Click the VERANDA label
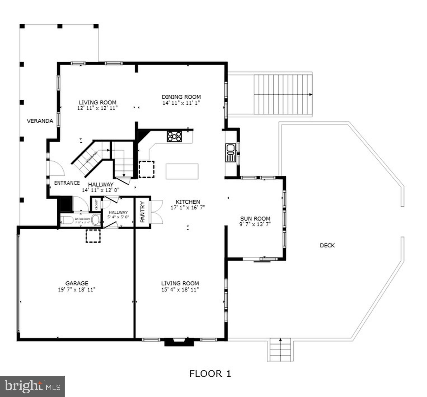tap(40, 121)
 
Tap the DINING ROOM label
tap(181, 97)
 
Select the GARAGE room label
tap(77, 283)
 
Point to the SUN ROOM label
tap(255, 219)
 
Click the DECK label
tap(327, 245)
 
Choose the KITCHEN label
tap(188, 202)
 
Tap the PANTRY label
tap(142, 212)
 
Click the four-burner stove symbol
tap(174, 137)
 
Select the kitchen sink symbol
tap(231, 152)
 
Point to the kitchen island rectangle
tap(182, 171)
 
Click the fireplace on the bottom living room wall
tap(175, 342)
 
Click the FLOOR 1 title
tap(210, 374)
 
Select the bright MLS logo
tap(32, 386)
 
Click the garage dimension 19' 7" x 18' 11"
tap(77, 290)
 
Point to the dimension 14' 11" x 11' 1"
tap(181, 103)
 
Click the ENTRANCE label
tap(67, 183)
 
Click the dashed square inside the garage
tap(93, 236)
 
